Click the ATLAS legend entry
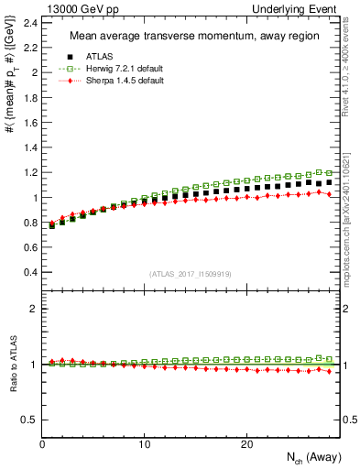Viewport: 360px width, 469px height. click(x=92, y=58)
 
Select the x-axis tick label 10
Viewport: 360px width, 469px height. click(x=145, y=443)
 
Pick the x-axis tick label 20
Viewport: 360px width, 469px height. click(x=246, y=443)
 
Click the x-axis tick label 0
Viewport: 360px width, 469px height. click(x=43, y=443)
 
